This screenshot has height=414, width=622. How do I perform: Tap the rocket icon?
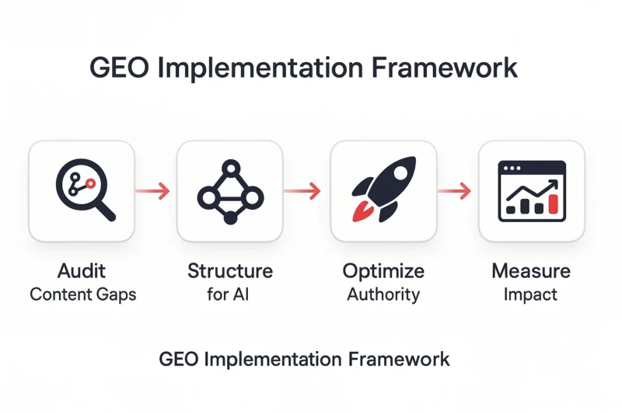point(383,190)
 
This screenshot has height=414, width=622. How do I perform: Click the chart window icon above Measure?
point(532,191)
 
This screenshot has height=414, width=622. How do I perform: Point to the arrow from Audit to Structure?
point(152,191)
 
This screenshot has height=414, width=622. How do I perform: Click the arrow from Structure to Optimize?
point(302,191)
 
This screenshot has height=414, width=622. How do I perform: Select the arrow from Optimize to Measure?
point(455,191)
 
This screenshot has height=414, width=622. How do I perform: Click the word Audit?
point(82,271)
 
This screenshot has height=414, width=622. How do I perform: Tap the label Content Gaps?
point(83,294)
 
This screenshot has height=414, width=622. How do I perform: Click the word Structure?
point(230,271)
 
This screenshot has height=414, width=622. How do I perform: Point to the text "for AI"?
point(228,294)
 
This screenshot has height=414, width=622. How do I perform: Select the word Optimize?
point(383,272)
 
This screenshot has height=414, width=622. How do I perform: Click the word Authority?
point(383,295)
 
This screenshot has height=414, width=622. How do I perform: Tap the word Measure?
point(531,271)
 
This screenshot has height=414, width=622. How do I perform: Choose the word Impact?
point(530,295)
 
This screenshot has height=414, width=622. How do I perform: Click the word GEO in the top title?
point(120,68)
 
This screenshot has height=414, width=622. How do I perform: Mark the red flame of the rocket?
point(362,210)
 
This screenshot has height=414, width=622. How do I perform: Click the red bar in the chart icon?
point(554,204)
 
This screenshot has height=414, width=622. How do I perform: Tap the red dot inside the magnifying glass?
point(91,183)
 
